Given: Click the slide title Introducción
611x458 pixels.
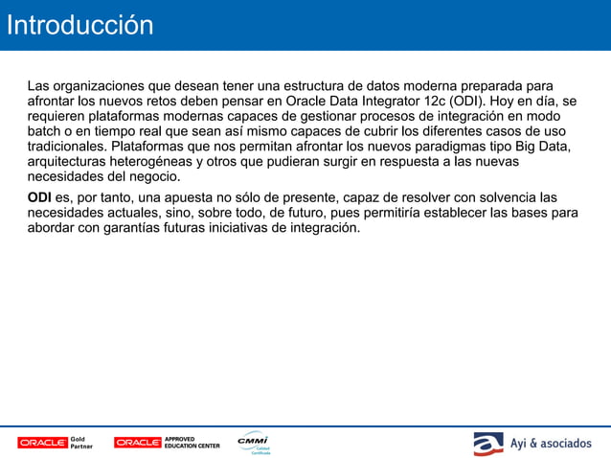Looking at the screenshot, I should (79, 26).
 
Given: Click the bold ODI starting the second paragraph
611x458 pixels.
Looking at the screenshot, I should (39, 197).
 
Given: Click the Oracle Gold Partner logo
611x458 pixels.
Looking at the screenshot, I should (55, 443).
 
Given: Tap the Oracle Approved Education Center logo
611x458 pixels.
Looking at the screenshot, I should (167, 443).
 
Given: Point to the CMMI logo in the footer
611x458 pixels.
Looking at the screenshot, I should (254, 442).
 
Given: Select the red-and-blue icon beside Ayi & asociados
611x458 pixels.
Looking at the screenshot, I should (487, 444).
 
